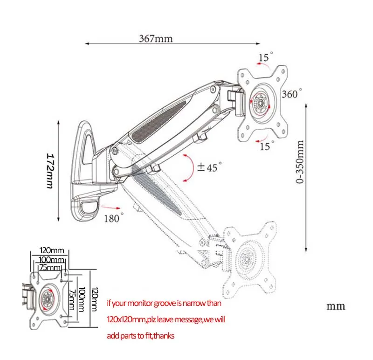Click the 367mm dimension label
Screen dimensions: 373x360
point(156,39)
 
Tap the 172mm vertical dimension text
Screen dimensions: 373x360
point(50,171)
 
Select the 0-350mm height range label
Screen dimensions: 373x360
point(300,162)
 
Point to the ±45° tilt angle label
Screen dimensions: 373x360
point(209,167)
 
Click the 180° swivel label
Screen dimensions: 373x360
point(114,218)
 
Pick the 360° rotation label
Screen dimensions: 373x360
point(292,94)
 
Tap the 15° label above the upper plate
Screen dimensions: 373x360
point(266,57)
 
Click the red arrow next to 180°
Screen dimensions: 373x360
point(111,207)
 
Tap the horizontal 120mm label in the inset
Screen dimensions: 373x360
point(52,250)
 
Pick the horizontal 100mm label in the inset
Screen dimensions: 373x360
point(51,260)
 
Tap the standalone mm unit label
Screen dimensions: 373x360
point(336,306)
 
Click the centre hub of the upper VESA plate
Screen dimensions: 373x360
point(260,103)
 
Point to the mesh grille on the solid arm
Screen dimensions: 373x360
point(159,122)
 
